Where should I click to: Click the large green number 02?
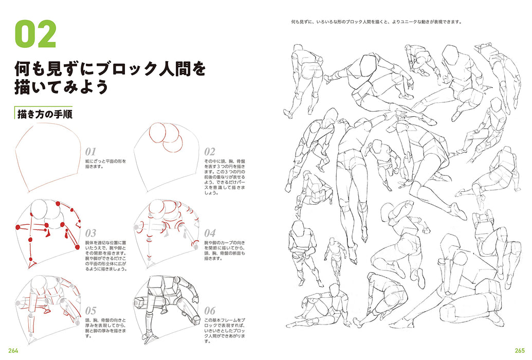(35, 34)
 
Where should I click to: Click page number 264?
(12, 351)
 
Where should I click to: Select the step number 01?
(90, 152)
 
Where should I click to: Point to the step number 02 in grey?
(209, 152)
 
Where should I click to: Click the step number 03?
(90, 233)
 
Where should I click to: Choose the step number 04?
(209, 233)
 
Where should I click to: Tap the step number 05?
(90, 311)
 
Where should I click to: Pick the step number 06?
(209, 311)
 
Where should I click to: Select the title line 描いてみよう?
(62, 87)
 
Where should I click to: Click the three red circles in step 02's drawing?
(168, 138)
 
